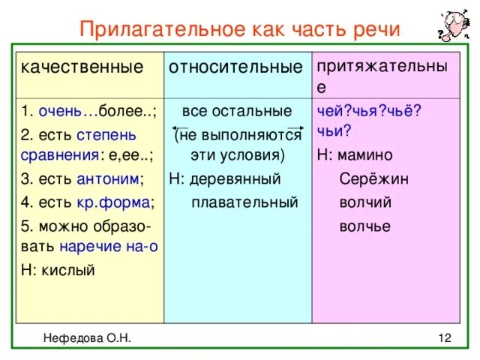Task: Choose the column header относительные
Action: tap(235, 67)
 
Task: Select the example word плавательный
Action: tap(244, 202)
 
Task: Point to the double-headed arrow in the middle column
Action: tap(237, 129)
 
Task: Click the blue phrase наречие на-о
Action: tap(109, 247)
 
